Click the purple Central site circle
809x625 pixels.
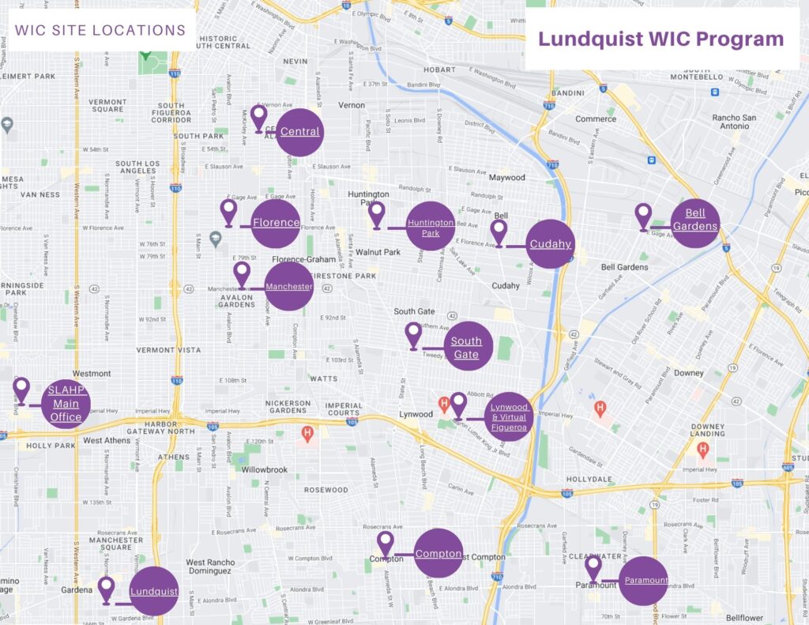pyautogui.click(x=299, y=131)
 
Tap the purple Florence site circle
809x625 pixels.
pyautogui.click(x=276, y=223)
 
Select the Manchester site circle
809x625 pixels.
pyautogui.click(x=288, y=286)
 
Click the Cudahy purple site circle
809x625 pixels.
pyautogui.click(x=550, y=244)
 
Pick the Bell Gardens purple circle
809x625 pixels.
pyautogui.click(x=695, y=222)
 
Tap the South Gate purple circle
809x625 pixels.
pyautogui.click(x=467, y=348)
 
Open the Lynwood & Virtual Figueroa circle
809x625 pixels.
pyautogui.click(x=509, y=416)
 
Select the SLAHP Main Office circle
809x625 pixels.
pyautogui.click(x=66, y=404)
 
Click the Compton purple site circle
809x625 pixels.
pyautogui.click(x=438, y=554)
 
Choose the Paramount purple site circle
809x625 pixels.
pyautogui.click(x=644, y=581)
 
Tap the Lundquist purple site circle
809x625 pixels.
pyautogui.click(x=153, y=591)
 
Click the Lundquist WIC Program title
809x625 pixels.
pyautogui.click(x=660, y=39)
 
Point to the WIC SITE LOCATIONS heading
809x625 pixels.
pyautogui.click(x=100, y=31)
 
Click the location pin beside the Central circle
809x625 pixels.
pyautogui.click(x=258, y=119)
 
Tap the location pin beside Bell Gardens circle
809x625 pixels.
pyautogui.click(x=643, y=216)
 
